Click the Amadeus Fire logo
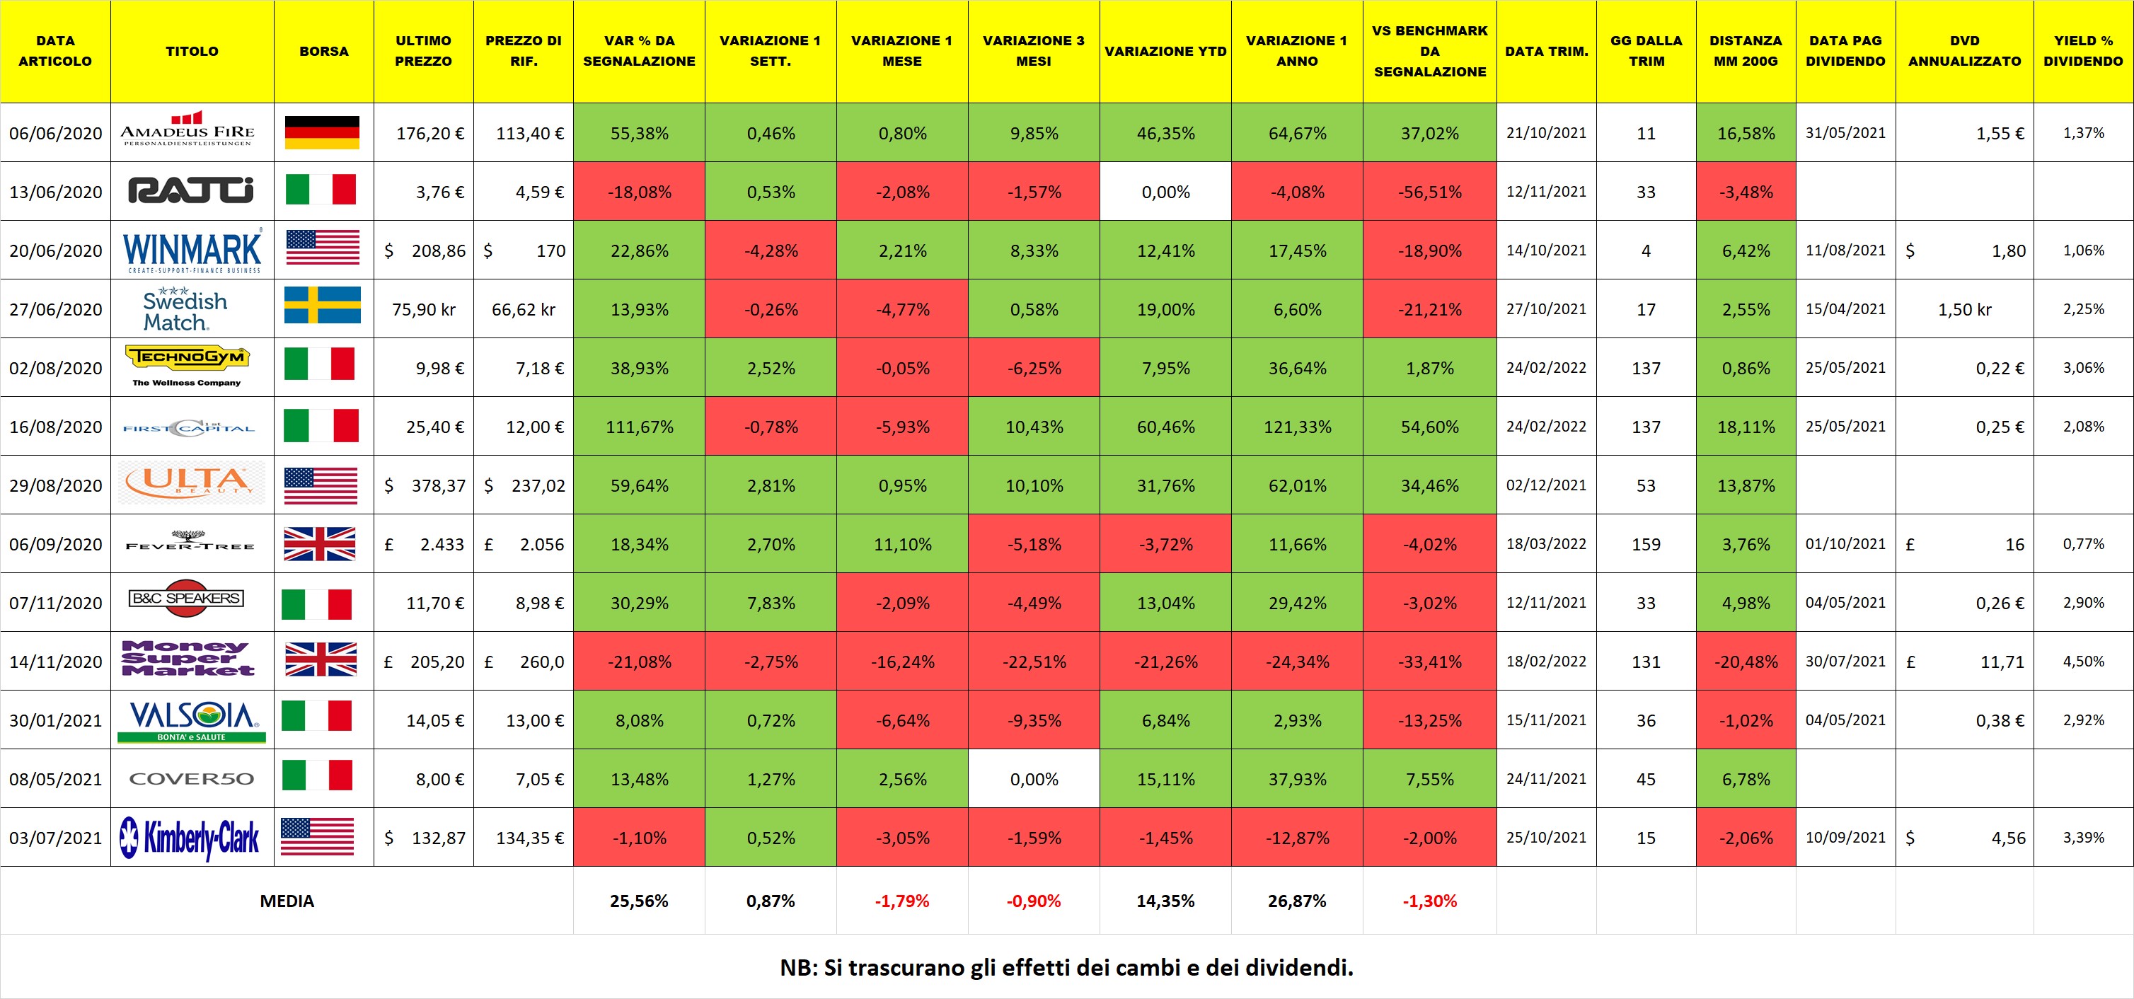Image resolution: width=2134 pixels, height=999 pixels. [x=188, y=132]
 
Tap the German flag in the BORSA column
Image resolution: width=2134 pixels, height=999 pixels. [x=321, y=132]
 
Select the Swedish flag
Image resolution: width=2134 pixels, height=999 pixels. [x=322, y=305]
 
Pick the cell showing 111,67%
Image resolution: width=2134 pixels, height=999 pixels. [x=639, y=427]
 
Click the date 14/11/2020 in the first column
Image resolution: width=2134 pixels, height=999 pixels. [x=55, y=662]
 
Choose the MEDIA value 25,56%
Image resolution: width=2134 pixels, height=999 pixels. [x=639, y=901]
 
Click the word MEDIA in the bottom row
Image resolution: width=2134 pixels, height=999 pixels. [x=287, y=901]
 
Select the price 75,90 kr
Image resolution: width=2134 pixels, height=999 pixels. [x=423, y=310]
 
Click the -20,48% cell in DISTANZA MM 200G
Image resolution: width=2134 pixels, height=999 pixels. [x=1746, y=662]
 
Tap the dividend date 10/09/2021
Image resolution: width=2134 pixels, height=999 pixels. [x=1845, y=838]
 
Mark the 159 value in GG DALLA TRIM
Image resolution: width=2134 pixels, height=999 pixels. [x=1645, y=544]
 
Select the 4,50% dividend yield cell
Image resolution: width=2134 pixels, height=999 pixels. [x=2082, y=662]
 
